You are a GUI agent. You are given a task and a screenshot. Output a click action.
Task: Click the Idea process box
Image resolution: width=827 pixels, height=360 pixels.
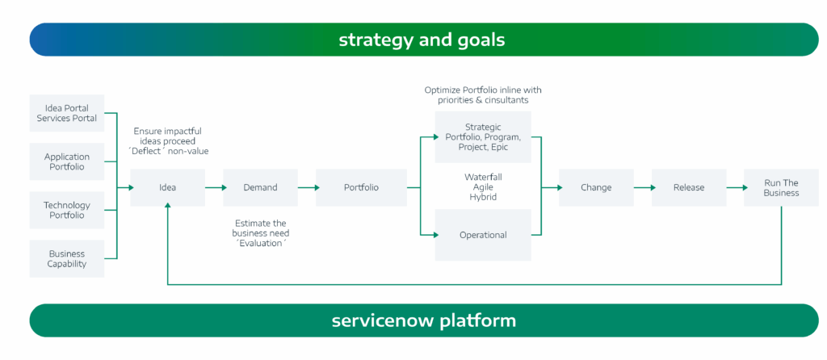167,187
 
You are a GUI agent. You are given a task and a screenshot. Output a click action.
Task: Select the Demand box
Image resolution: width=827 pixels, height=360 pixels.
260,187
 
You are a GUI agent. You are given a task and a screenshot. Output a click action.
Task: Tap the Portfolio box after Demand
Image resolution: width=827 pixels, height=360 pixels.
361,187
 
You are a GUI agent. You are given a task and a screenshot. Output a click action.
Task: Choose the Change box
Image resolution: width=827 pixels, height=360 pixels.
596,187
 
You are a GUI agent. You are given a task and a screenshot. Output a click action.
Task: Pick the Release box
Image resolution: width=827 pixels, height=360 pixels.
689,187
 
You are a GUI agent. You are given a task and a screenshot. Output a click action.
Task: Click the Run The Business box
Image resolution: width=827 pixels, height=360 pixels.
781,187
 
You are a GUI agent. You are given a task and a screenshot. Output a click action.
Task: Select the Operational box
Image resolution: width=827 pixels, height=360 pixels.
483,235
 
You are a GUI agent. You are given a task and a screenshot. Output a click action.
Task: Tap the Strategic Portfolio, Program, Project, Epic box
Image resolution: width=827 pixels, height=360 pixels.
483,137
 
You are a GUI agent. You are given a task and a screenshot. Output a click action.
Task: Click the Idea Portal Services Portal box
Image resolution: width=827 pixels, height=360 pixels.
67,113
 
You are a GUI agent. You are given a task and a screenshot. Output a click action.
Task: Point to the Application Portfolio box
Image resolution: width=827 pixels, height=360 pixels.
67,161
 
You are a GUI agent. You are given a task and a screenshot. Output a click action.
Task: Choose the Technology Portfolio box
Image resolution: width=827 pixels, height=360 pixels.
67,210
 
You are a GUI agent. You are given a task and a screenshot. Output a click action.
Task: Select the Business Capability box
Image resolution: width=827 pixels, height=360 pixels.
67,258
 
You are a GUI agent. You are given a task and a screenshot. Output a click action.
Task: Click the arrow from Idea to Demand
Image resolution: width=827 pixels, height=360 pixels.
216,187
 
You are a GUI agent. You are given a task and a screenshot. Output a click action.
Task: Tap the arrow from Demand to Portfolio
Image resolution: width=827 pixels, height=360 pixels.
309,187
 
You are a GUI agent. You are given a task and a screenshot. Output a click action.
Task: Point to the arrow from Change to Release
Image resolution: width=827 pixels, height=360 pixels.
644,187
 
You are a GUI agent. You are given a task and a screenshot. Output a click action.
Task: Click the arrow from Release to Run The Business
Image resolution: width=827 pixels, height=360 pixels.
737,187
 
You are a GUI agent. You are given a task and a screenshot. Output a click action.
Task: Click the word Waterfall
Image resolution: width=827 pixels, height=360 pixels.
483,177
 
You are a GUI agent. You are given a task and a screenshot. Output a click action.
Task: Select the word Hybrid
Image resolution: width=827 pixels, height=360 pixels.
483,197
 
